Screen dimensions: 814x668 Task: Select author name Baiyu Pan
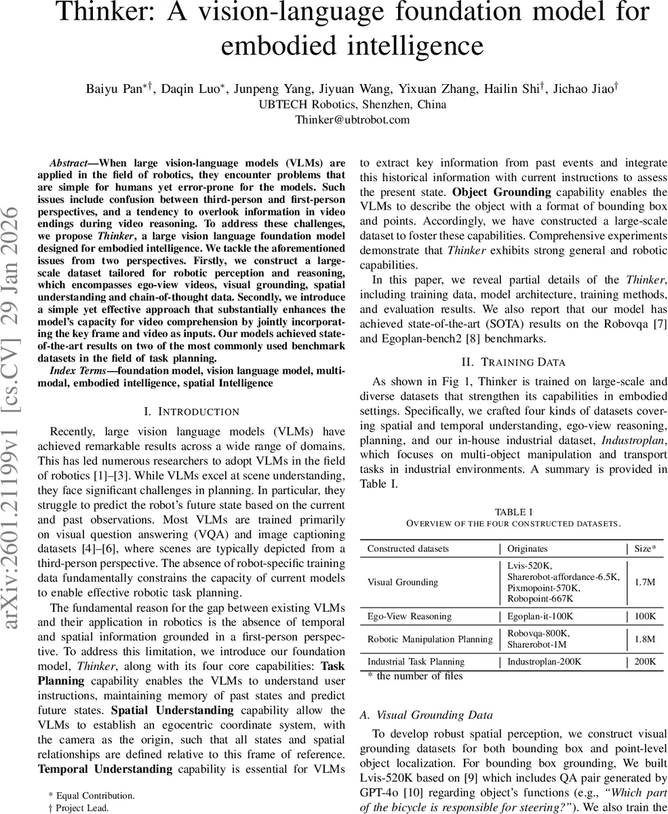tap(113, 88)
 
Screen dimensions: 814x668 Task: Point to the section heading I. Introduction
tap(192, 412)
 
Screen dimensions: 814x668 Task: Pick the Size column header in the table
tap(644, 548)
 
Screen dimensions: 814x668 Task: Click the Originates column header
tap(527, 548)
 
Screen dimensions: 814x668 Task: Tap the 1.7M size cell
tap(644, 582)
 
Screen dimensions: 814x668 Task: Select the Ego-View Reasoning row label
tap(409, 617)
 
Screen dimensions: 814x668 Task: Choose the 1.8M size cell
tap(644, 639)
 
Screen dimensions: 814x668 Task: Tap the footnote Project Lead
tap(85, 807)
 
